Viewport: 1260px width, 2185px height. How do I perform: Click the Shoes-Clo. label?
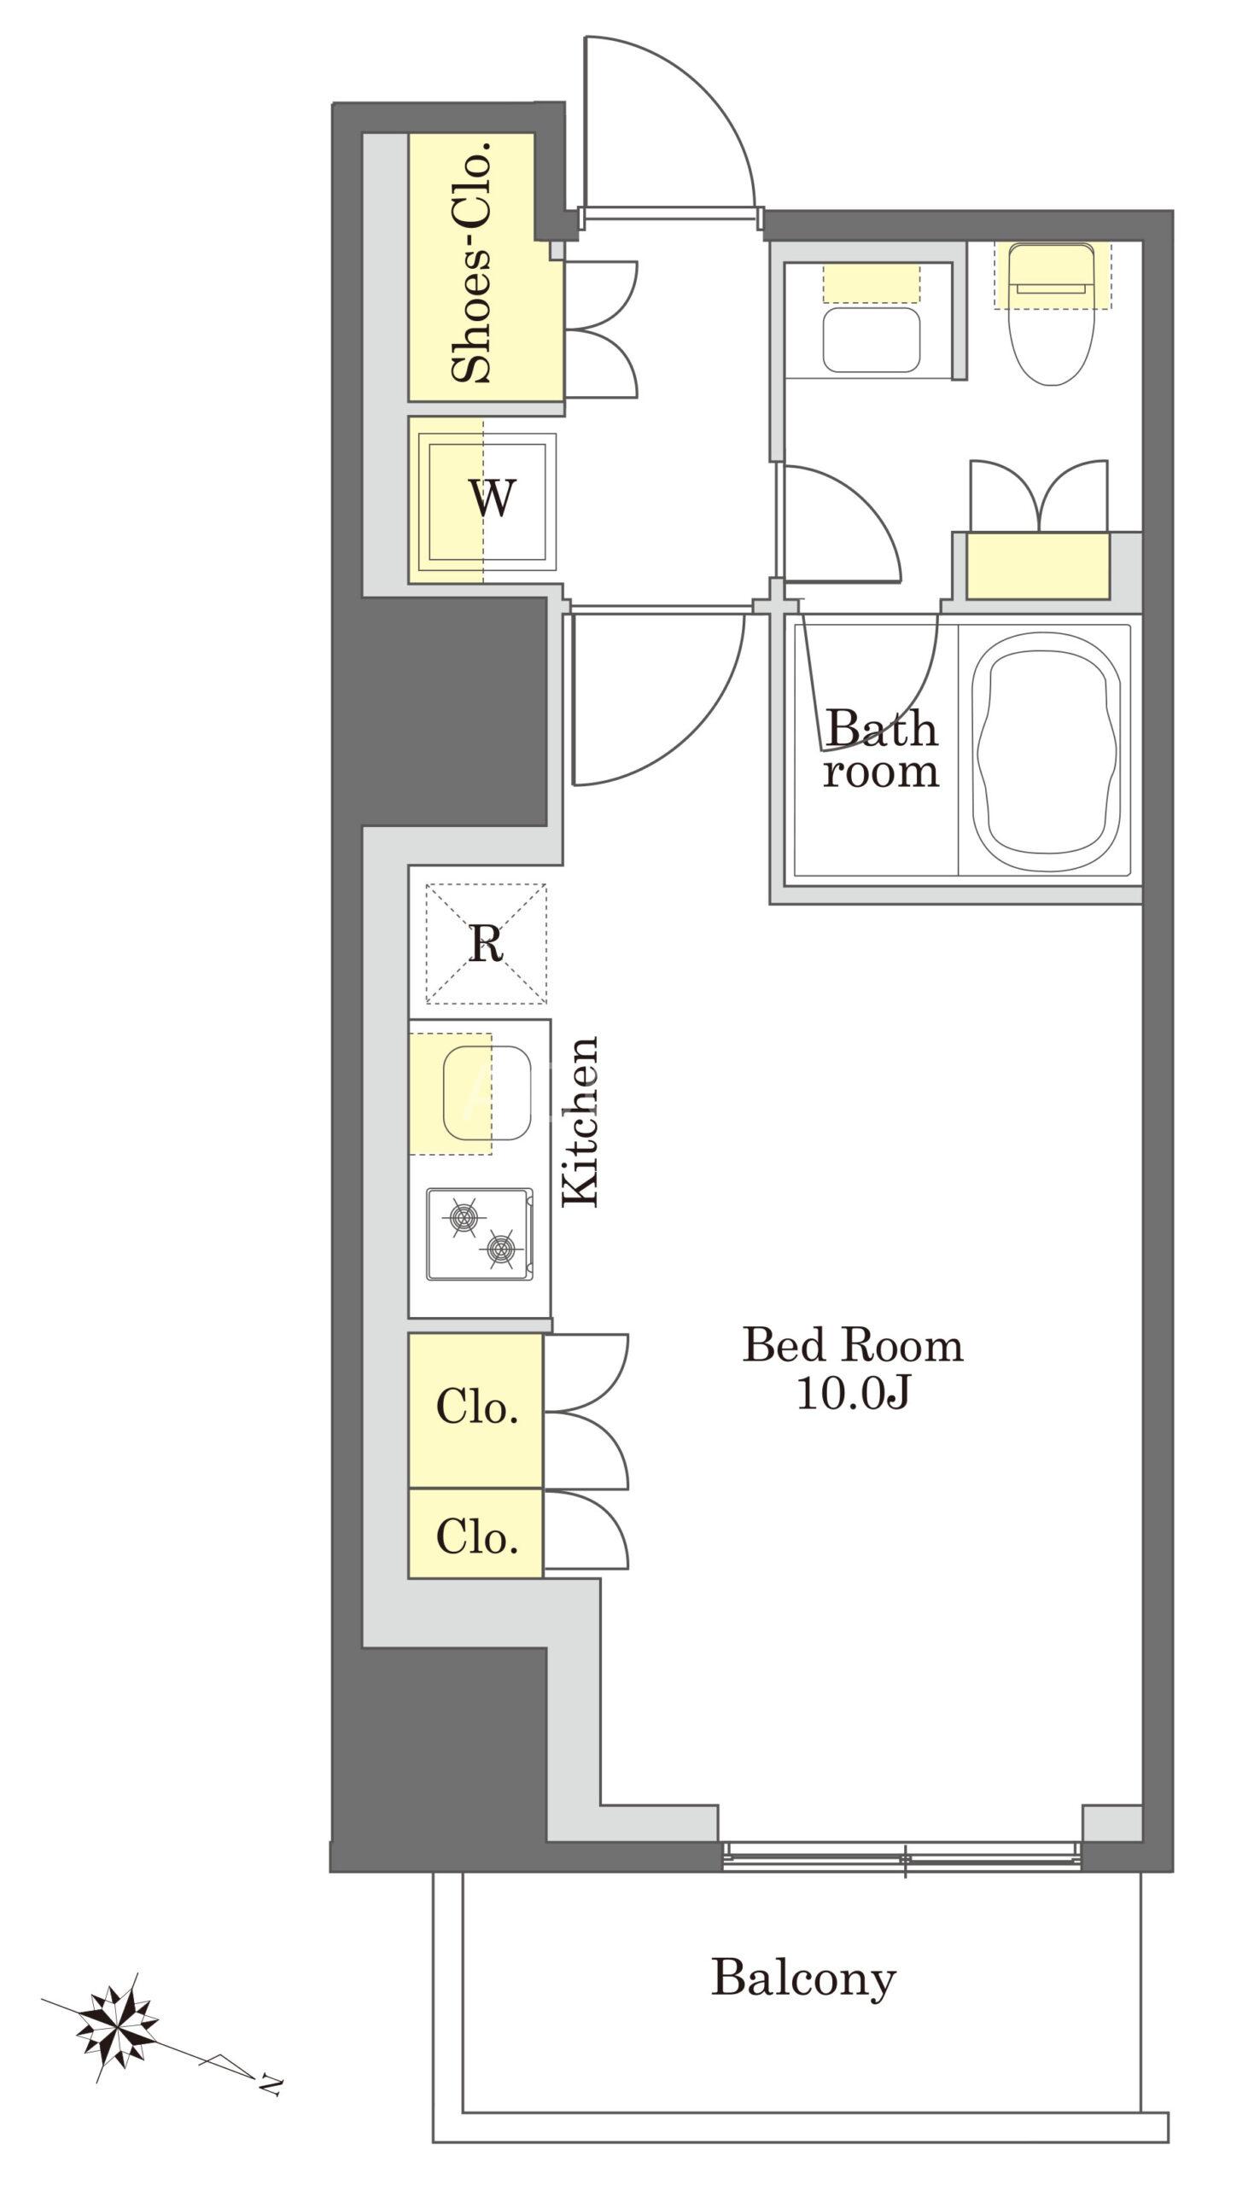tap(471, 260)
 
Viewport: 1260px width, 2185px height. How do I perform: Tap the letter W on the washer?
tap(493, 498)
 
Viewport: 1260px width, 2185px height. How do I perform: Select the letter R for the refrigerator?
tap(487, 944)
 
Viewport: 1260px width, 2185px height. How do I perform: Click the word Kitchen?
tap(580, 1121)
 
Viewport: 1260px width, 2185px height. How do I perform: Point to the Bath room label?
tap(881, 749)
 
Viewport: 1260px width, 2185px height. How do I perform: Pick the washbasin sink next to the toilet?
tap(871, 339)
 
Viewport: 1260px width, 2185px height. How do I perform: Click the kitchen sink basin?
tap(487, 1093)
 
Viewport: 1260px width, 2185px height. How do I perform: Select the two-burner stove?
tap(480, 1233)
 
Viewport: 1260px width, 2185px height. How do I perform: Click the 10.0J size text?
tap(853, 1394)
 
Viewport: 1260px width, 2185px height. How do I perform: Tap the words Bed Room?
tap(853, 1346)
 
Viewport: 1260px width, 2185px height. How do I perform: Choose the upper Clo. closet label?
tap(477, 1407)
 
